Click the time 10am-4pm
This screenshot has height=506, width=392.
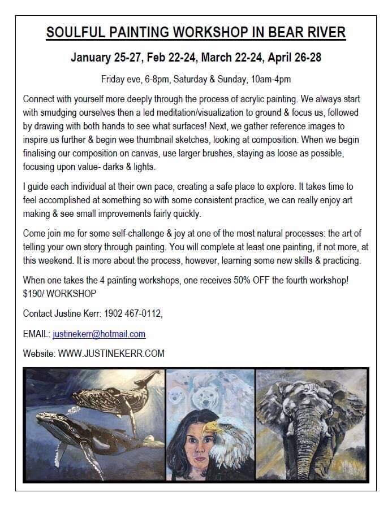pyautogui.click(x=268, y=79)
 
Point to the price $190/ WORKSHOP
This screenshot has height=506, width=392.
pyautogui.click(x=59, y=294)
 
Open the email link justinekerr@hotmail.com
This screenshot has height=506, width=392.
pyautogui.click(x=99, y=334)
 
